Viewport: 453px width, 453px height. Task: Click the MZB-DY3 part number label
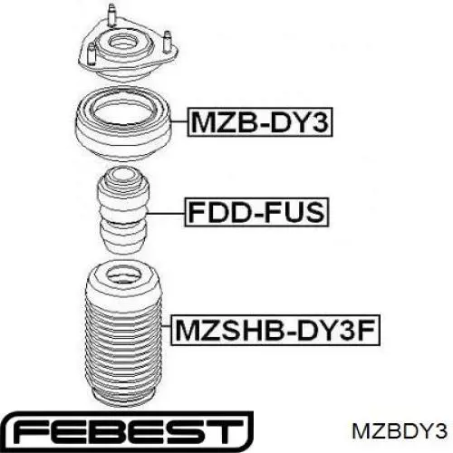point(260,122)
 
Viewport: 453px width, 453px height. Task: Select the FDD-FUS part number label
point(256,212)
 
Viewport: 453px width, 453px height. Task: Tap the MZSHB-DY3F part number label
point(275,330)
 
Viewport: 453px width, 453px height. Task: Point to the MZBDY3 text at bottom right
point(400,431)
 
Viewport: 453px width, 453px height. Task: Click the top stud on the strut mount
point(111,15)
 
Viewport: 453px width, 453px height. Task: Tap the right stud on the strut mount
point(167,42)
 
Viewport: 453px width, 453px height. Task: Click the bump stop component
point(122,210)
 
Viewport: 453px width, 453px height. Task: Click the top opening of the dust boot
point(121,277)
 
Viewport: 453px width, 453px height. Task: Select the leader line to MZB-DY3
point(179,121)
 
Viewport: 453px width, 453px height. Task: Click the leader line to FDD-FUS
point(165,213)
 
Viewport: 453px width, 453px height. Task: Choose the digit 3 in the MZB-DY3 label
point(320,122)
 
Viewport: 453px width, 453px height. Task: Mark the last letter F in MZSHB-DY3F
point(368,330)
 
